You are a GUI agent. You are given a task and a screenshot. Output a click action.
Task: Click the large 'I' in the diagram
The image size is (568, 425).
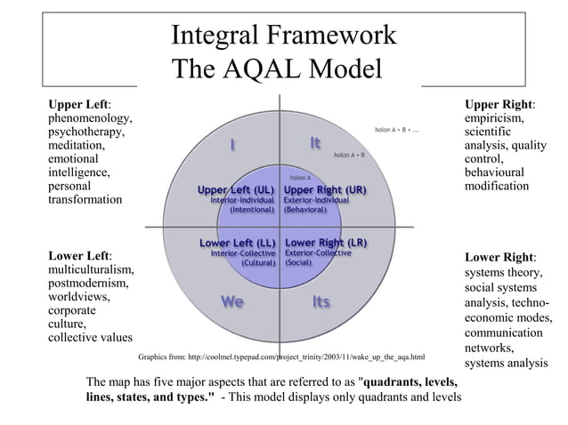tap(232, 144)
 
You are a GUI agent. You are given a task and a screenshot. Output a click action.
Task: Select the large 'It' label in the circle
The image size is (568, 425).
tap(316, 143)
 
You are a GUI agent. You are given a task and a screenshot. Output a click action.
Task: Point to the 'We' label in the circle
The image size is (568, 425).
tap(232, 302)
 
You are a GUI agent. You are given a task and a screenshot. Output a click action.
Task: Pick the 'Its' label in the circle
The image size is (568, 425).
tap(321, 302)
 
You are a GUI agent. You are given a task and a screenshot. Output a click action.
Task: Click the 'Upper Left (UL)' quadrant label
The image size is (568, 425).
tap(235, 189)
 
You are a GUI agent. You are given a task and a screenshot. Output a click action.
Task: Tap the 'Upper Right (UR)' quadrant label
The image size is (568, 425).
tap(325, 189)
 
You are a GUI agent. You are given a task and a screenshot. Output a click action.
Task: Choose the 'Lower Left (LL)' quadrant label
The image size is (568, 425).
tap(237, 242)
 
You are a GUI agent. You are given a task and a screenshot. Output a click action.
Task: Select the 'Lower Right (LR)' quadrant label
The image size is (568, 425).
tap(326, 242)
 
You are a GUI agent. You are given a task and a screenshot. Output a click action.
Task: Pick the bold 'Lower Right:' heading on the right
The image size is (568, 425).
tap(500, 258)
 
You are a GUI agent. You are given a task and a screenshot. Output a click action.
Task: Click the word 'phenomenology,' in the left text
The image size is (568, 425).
tap(91, 117)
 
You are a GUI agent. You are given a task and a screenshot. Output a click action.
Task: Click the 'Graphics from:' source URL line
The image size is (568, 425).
tap(281, 357)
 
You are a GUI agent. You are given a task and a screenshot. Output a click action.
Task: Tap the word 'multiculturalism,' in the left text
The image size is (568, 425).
tap(92, 270)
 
